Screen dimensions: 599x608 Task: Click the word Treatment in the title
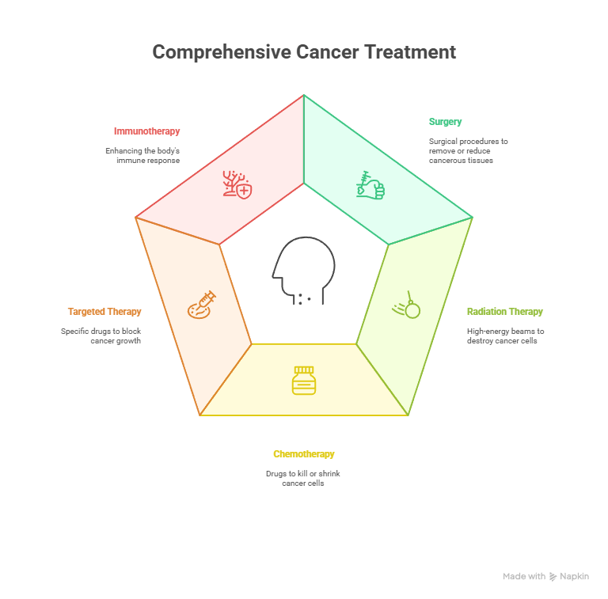(410, 52)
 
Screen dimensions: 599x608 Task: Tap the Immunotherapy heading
(146, 131)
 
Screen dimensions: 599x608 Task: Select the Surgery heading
(445, 122)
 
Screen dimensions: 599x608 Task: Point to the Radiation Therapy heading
(505, 312)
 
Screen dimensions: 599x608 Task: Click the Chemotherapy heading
(304, 454)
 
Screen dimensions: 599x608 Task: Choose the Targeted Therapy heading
(104, 312)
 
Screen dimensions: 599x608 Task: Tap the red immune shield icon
(237, 184)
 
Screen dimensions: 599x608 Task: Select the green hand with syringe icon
(370, 185)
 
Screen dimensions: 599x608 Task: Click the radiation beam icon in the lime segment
(408, 305)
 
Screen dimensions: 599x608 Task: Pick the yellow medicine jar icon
(304, 380)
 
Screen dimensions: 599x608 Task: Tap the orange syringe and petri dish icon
(201, 305)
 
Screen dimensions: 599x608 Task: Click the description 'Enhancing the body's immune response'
(142, 155)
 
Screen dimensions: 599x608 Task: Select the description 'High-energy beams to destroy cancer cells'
(505, 336)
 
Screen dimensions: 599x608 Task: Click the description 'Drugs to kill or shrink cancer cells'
(303, 478)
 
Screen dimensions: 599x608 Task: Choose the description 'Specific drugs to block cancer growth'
(101, 336)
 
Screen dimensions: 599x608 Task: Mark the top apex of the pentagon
(304, 96)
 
